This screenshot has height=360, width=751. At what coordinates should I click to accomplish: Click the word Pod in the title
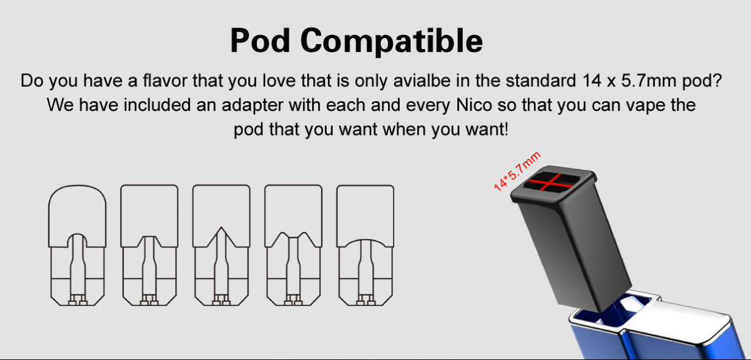point(260,40)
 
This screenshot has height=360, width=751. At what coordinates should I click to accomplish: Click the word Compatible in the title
point(392,42)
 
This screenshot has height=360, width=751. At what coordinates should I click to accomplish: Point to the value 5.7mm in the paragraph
point(649,80)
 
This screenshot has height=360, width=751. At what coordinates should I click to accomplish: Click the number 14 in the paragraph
point(592,80)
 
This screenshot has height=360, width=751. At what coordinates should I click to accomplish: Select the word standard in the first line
point(541,80)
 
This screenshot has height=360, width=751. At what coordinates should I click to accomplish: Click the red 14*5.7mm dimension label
point(517,172)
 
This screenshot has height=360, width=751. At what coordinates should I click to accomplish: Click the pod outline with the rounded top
point(77,245)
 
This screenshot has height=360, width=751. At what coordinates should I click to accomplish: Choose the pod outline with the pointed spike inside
point(221,245)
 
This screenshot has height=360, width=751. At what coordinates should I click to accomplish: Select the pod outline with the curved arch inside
point(365,245)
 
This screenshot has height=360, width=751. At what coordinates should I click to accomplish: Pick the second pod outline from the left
point(149,245)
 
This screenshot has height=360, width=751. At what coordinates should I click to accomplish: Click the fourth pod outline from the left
point(294,245)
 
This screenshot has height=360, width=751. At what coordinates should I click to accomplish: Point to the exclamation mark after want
point(506,129)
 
